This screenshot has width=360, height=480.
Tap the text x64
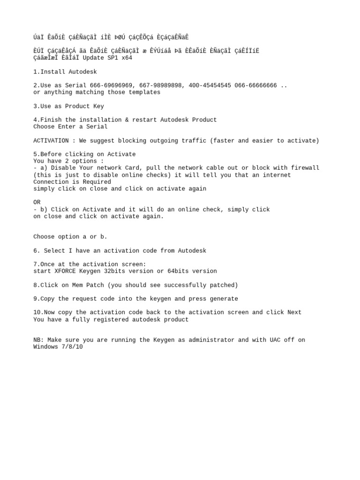[127, 58]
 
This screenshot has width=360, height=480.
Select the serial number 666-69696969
[114, 86]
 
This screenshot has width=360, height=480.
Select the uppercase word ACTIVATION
[51, 141]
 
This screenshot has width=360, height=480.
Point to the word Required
[97, 182]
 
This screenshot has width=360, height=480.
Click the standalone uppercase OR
[37, 202]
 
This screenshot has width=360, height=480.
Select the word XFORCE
[65, 271]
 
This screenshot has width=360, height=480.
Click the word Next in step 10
[294, 313]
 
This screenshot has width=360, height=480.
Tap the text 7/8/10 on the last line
[72, 347]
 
